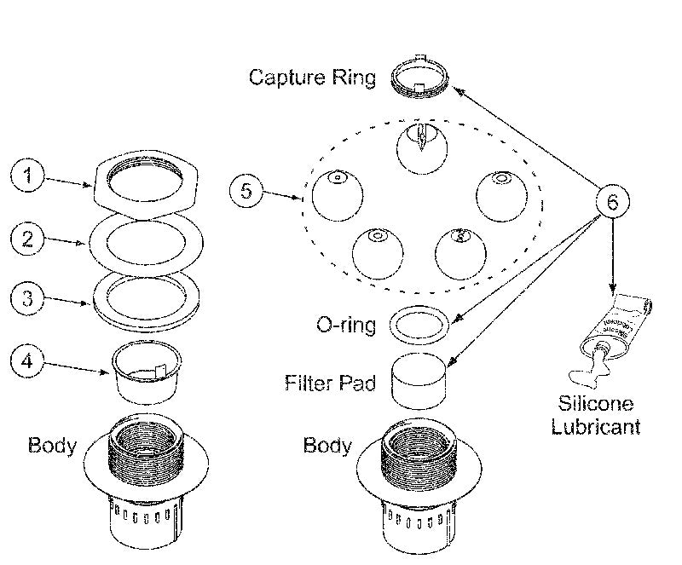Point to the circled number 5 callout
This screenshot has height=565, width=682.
click(x=246, y=190)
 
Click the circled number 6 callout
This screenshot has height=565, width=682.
click(x=612, y=203)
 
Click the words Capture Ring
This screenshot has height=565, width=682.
click(x=312, y=78)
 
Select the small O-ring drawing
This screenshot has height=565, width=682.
click(x=419, y=324)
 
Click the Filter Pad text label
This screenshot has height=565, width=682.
click(x=330, y=383)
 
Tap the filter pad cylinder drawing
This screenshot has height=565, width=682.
click(x=419, y=382)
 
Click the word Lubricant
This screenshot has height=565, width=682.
click(x=595, y=425)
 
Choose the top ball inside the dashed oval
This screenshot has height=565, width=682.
click(x=421, y=147)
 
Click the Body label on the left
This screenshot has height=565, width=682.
click(x=52, y=445)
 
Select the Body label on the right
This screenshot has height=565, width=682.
click(x=328, y=446)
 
